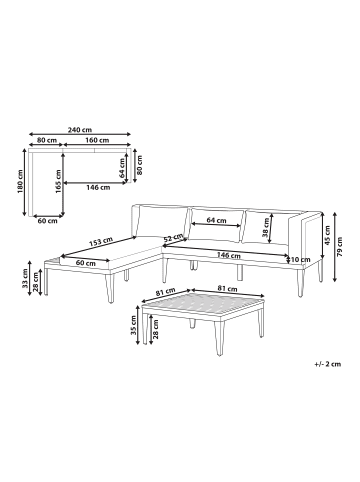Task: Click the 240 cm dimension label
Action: point(80,130)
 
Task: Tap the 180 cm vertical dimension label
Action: point(20,182)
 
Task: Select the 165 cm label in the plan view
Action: point(58,182)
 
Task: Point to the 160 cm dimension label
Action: point(97,140)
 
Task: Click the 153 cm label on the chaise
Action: point(100,241)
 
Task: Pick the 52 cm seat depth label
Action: point(172,238)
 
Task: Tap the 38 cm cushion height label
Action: point(266,227)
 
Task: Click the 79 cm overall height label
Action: point(340,247)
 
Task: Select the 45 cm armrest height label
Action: point(327,235)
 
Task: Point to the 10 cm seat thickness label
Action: point(301,259)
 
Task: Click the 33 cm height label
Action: point(25,278)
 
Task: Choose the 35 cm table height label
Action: point(133,325)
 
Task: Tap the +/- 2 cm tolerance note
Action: point(328,364)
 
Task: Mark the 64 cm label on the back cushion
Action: point(216,220)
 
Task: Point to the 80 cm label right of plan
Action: point(140,165)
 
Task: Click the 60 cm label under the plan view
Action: point(48,221)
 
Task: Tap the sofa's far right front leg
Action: point(301,283)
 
